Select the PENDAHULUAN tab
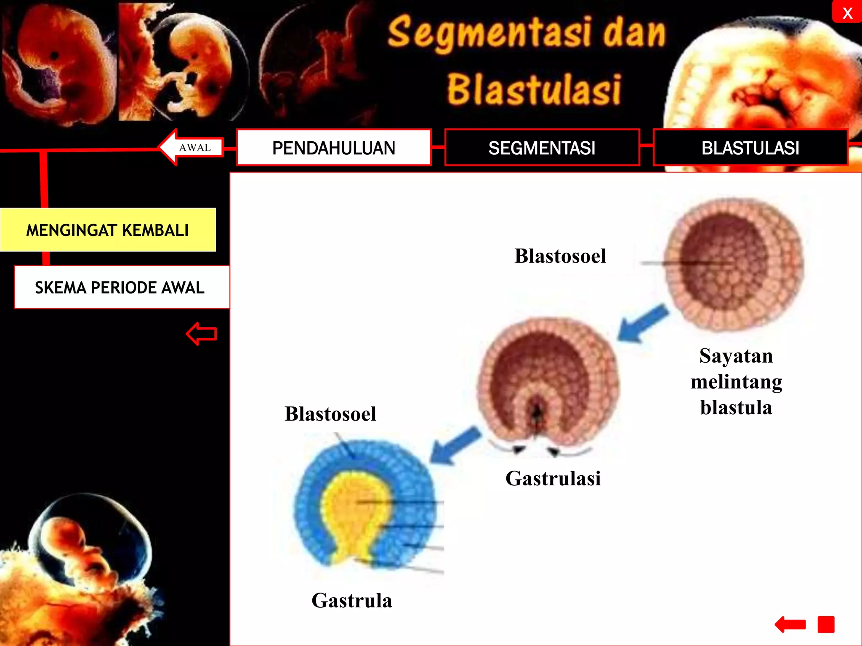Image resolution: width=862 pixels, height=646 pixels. (334, 148)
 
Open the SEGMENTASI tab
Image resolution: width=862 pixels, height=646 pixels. (542, 148)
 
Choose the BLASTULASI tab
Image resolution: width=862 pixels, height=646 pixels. (750, 148)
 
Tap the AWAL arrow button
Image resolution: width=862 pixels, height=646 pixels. (192, 147)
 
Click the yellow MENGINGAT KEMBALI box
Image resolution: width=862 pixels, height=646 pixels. (108, 230)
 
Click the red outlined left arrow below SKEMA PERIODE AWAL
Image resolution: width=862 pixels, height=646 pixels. (202, 334)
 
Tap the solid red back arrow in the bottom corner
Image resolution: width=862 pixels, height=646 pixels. (790, 625)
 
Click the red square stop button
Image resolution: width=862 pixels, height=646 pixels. (826, 625)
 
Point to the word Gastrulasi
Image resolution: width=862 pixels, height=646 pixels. (553, 479)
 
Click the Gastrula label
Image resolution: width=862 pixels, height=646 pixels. (352, 601)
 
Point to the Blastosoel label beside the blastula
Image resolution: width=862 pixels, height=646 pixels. (560, 256)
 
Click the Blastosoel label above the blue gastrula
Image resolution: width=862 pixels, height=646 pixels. (330, 414)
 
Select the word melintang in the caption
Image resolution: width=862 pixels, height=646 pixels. (737, 382)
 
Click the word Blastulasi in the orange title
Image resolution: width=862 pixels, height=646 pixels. (534, 90)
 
